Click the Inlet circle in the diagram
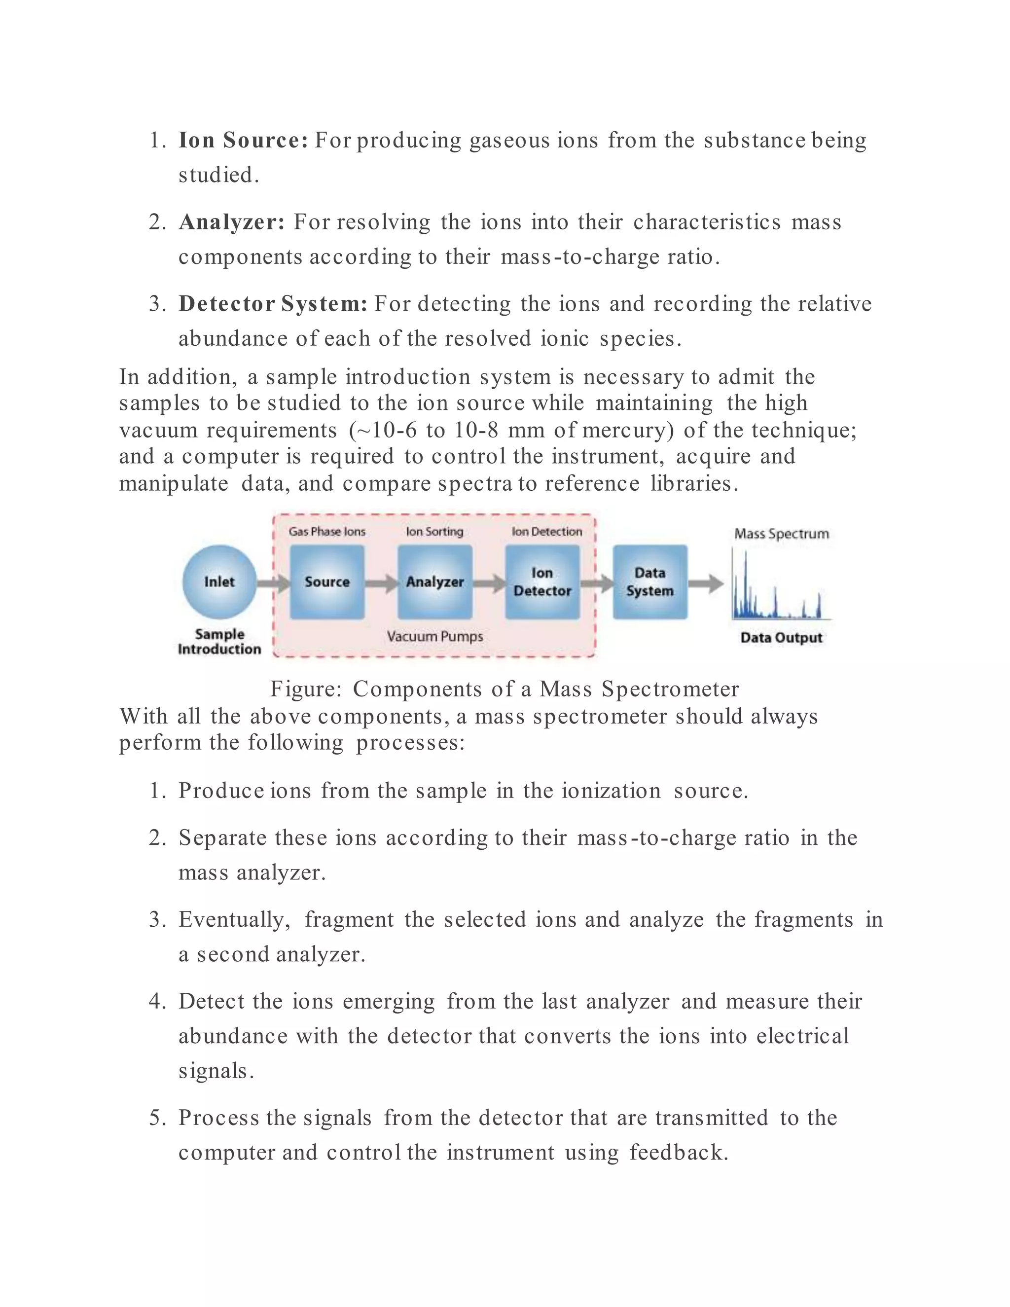pos(219,581)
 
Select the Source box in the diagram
pos(326,581)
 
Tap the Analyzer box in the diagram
pos(434,581)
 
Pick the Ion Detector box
pos(542,581)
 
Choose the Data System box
pos(650,581)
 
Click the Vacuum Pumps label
pos(434,636)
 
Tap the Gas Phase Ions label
pos(326,531)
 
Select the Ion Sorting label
pos(434,531)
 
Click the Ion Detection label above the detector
pos(546,531)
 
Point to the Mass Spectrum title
pos(782,533)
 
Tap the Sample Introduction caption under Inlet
pos(219,642)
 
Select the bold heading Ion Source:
pos(243,140)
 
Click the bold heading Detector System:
pos(273,303)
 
